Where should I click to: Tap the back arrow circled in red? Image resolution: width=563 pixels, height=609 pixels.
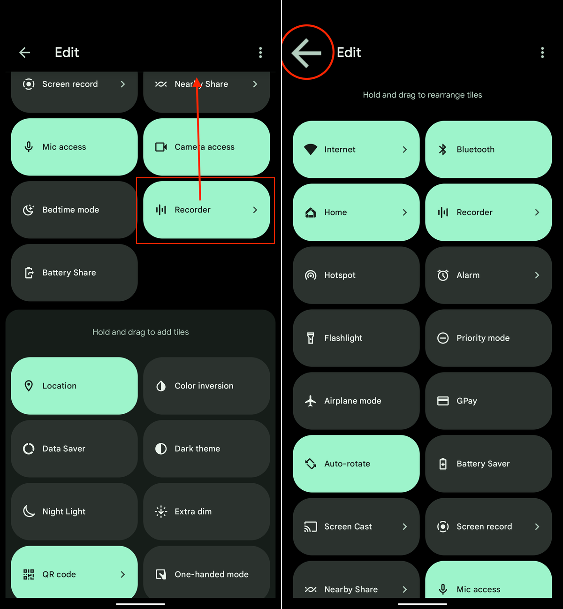click(x=306, y=53)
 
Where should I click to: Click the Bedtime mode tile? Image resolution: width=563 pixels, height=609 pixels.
click(x=74, y=210)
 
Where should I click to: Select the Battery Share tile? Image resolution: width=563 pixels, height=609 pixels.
click(x=74, y=273)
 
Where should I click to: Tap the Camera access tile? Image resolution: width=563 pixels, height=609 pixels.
click(x=206, y=147)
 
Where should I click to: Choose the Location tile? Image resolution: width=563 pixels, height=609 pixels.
click(x=74, y=386)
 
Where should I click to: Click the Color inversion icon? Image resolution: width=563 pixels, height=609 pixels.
click(x=161, y=386)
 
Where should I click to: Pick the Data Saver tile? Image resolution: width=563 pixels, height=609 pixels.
click(x=74, y=449)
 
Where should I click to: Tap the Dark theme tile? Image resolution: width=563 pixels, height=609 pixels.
click(x=206, y=449)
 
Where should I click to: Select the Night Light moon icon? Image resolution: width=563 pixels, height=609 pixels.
click(x=29, y=511)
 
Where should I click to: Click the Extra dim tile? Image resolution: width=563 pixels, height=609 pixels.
click(x=206, y=511)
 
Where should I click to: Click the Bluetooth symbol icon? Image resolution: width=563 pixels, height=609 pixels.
click(x=442, y=149)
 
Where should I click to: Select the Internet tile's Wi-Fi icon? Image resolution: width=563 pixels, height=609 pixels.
click(x=311, y=149)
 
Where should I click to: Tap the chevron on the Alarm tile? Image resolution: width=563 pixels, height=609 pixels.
click(x=537, y=275)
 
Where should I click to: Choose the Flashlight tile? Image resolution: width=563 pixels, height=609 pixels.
click(x=356, y=338)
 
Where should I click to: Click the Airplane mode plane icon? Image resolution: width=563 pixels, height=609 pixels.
click(x=311, y=401)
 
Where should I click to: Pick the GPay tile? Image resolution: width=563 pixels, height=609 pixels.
click(x=488, y=401)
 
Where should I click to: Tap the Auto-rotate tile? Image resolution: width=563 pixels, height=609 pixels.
click(x=356, y=464)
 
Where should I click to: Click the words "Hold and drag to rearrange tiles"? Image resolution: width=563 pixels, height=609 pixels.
click(x=422, y=95)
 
